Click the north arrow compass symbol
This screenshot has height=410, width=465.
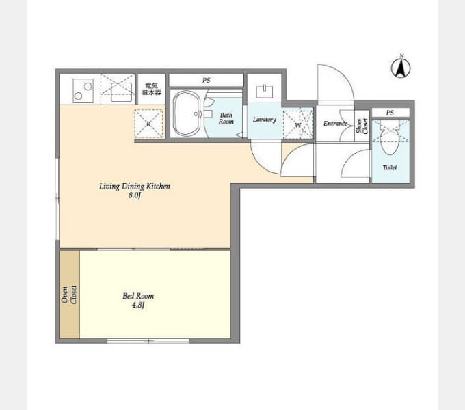click(x=401, y=68)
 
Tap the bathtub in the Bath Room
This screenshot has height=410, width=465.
click(x=187, y=113)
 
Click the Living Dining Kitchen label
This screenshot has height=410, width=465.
click(x=135, y=187)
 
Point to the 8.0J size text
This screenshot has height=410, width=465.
click(x=135, y=195)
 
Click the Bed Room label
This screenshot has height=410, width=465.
click(x=138, y=296)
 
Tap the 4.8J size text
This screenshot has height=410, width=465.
click(x=138, y=305)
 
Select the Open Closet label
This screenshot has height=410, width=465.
click(x=69, y=295)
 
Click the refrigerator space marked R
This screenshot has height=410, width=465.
click(x=148, y=124)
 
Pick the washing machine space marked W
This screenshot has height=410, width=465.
click(x=298, y=124)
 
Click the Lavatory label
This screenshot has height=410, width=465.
click(x=265, y=120)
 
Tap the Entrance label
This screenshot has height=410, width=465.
click(x=335, y=123)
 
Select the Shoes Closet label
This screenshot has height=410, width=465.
click(x=362, y=126)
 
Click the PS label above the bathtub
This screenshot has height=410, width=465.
click(x=207, y=80)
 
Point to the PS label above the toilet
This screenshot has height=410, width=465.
click(x=390, y=113)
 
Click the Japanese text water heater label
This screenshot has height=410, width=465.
click(x=152, y=89)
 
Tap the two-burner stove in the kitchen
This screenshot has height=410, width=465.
click(x=83, y=91)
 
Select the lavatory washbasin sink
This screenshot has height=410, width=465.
click(x=265, y=91)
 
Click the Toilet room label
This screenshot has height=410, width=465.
click(x=390, y=167)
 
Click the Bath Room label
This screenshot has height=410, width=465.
click(x=226, y=118)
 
